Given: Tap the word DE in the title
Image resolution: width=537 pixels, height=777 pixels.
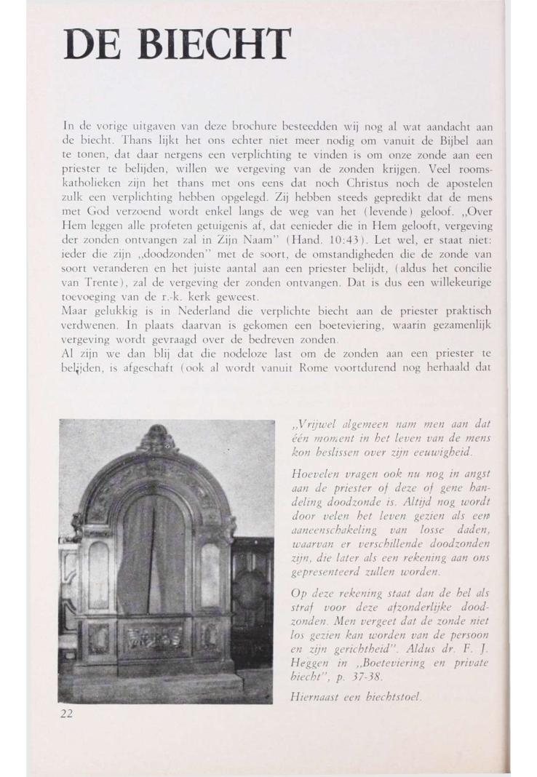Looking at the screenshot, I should pos(89,46).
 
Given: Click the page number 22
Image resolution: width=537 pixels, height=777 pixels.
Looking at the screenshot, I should pos(66,713).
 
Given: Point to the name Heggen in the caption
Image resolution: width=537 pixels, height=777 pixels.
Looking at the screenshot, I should pos(310,664).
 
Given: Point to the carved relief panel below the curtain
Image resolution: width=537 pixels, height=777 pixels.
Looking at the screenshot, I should pos(153,636).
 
